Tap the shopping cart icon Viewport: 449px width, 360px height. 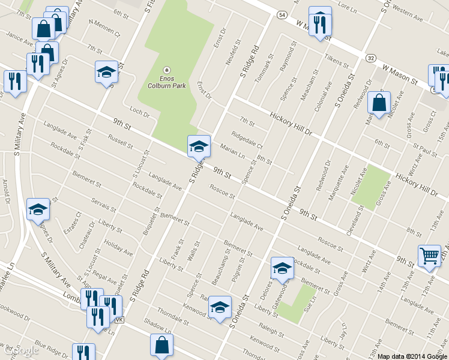pyautogui.click(x=429, y=256)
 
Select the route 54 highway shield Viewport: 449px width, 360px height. pyautogui.click(x=282, y=14)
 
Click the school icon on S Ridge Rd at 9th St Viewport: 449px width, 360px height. pyautogui.click(x=199, y=145)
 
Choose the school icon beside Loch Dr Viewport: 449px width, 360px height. pyautogui.click(x=106, y=72)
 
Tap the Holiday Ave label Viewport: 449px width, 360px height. pyautogui.click(x=118, y=247)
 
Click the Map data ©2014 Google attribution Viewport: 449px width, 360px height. pyautogui.click(x=412, y=356)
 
